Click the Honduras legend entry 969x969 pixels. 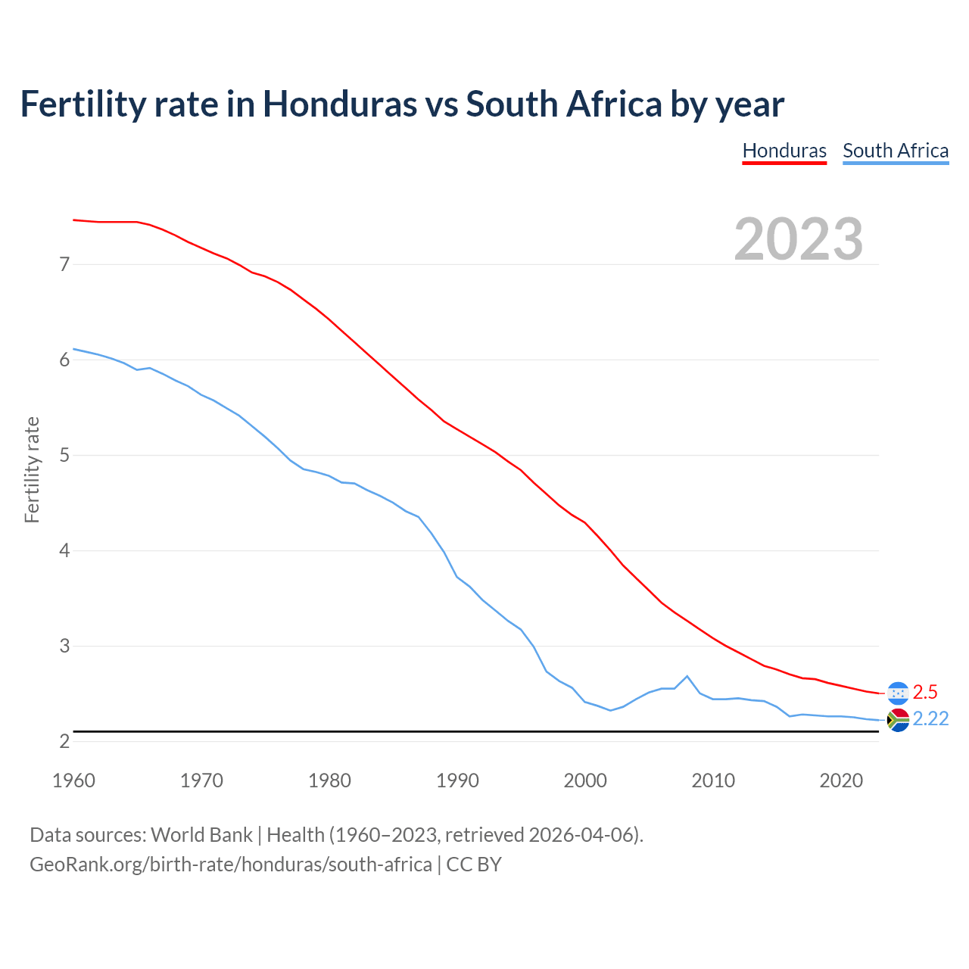[x=784, y=151]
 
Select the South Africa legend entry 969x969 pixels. [x=896, y=151]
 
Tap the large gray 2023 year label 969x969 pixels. [x=799, y=239]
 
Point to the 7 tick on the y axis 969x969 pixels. [x=64, y=264]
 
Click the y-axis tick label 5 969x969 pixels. [x=64, y=455]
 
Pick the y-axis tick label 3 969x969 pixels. [x=64, y=646]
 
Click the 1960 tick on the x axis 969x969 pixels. [x=73, y=780]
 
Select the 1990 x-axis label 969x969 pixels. [x=457, y=780]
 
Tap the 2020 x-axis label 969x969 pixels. [x=841, y=780]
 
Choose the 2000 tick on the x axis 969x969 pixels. [x=585, y=780]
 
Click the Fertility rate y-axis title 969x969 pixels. [x=32, y=469]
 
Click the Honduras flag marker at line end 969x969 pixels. [x=898, y=693]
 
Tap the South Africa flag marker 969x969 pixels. [x=898, y=720]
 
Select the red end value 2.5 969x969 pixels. [x=925, y=692]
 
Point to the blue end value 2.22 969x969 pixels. [x=930, y=719]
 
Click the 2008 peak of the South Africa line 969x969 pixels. [x=687, y=676]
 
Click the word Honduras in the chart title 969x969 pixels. [x=340, y=104]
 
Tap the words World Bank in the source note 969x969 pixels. [x=201, y=835]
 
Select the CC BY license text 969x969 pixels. [x=474, y=864]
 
